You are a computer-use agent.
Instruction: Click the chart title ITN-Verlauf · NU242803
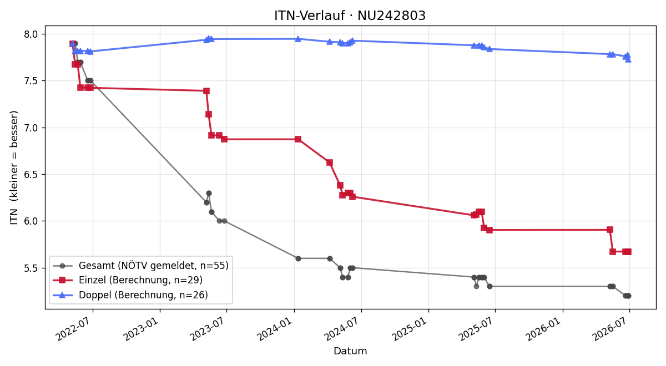tap(350, 16)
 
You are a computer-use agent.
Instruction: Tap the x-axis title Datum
tap(350, 351)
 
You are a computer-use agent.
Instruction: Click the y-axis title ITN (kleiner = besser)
tap(14, 167)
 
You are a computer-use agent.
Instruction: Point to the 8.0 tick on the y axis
tap(31, 34)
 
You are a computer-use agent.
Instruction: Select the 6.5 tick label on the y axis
tap(31, 175)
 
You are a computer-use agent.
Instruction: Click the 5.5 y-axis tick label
tap(31, 268)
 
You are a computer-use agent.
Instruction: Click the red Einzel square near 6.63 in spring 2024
tap(330, 162)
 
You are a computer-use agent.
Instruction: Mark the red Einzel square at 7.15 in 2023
tap(209, 114)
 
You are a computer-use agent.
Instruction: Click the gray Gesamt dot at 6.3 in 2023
tap(209, 194)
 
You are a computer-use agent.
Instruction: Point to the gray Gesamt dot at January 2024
tap(298, 259)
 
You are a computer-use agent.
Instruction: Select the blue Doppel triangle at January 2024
tap(298, 39)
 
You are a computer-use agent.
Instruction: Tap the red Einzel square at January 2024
tap(298, 139)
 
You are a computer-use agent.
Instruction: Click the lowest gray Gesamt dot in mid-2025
tap(476, 287)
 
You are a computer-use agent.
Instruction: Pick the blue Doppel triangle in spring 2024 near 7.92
tap(330, 42)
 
